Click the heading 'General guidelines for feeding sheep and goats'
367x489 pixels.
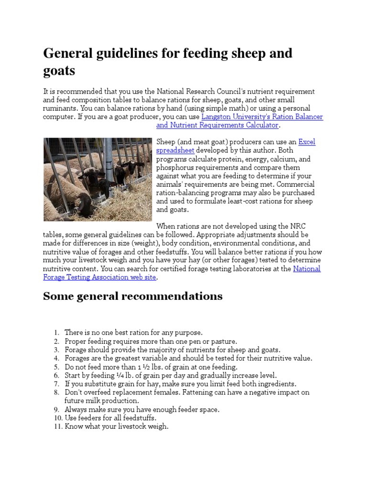point(167,62)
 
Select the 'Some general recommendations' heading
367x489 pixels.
point(132,296)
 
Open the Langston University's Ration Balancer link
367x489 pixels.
point(262,117)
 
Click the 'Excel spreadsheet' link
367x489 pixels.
point(307,142)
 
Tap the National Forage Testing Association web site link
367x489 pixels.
point(306,269)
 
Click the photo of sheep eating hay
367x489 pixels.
point(97,179)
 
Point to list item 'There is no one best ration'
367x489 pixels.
point(133,332)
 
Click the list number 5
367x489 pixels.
point(56,367)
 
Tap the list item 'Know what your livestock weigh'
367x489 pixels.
point(116,426)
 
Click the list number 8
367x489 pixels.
point(56,393)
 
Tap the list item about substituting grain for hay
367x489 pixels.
point(180,384)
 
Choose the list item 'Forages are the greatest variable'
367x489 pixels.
point(188,358)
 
